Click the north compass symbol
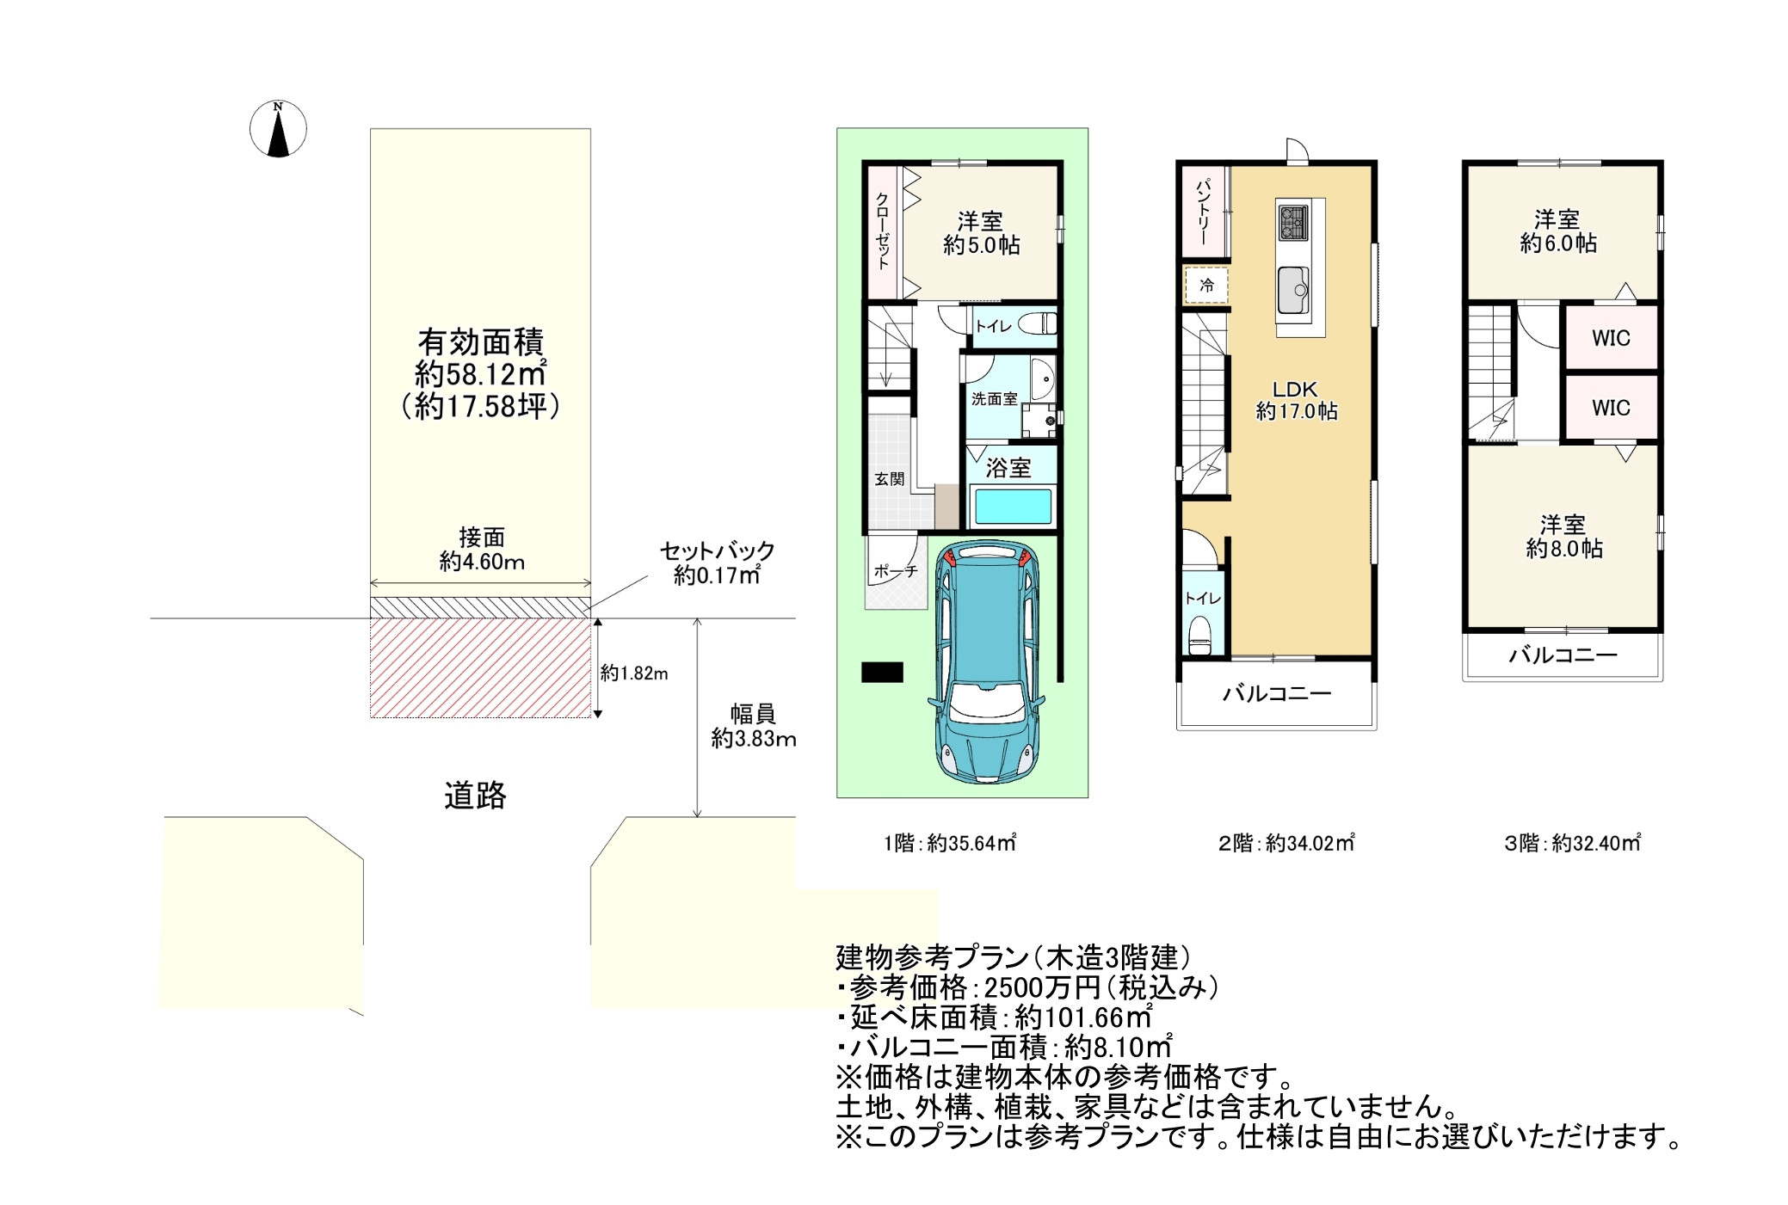click(278, 129)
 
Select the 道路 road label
click(475, 796)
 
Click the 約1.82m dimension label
click(634, 673)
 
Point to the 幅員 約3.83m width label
click(753, 726)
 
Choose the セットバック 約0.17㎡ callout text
click(717, 563)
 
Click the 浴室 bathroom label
click(1008, 468)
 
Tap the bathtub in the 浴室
click(1010, 507)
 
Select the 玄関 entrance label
click(890, 479)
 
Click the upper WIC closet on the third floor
click(1611, 338)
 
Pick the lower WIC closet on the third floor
click(1611, 408)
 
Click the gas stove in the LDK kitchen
click(1293, 222)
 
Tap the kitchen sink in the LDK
click(1293, 290)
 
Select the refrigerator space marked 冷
click(1206, 286)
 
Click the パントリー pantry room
click(1205, 211)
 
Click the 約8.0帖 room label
click(1564, 549)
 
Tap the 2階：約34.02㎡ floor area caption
click(1286, 843)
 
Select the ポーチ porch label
click(896, 571)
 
